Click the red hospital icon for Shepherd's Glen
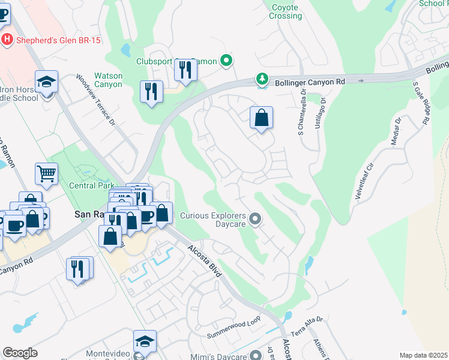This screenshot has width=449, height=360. tap(7, 40)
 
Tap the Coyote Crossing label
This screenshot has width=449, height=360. tap(285, 11)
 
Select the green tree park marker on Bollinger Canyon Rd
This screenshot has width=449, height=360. tap(262, 79)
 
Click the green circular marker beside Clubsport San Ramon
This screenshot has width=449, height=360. tap(226, 60)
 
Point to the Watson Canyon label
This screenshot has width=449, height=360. tap(108, 80)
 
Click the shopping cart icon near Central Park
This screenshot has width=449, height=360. tap(46, 174)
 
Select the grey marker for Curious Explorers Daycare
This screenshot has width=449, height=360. tap(256, 219)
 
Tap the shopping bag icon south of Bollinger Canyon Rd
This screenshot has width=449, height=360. tap(262, 118)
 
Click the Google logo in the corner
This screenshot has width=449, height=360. tap(20, 353)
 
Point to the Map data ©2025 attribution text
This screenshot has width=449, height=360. tap(423, 355)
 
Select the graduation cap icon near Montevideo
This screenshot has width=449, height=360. tap(145, 341)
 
